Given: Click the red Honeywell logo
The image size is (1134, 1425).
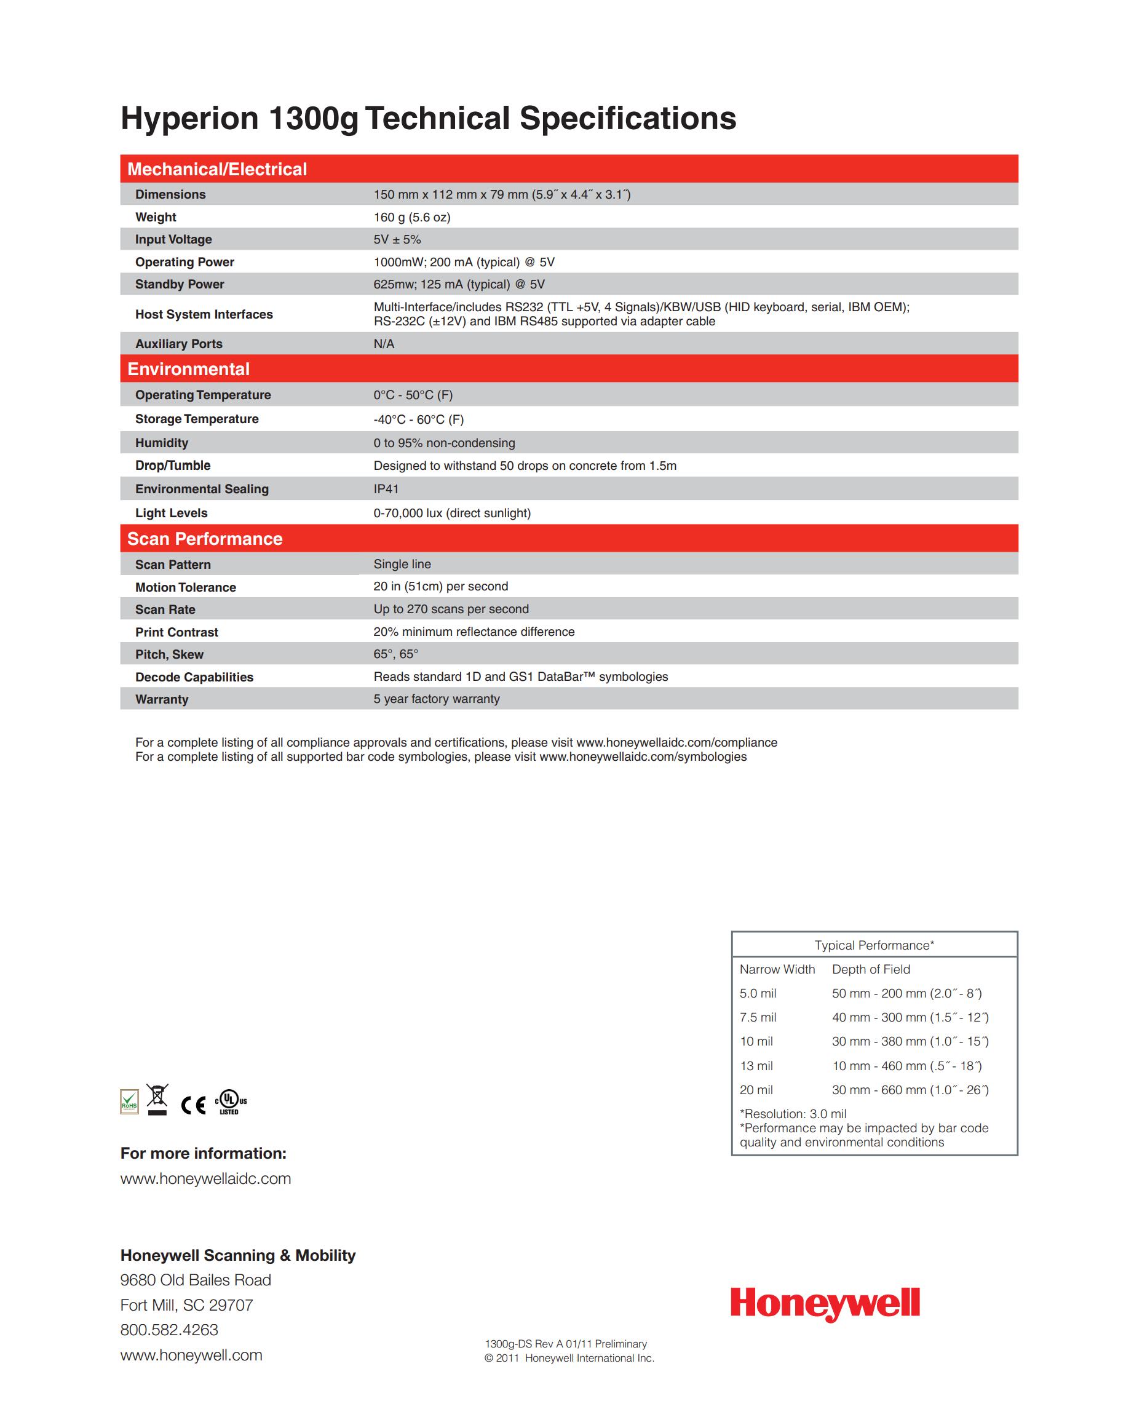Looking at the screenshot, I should pos(824,1304).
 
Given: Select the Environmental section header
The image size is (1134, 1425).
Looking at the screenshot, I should pos(188,369).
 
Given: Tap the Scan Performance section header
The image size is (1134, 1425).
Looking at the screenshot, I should pos(205,539).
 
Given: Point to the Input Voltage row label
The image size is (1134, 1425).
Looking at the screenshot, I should pos(173,239).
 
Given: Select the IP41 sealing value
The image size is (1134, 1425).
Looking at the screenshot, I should pos(386,489).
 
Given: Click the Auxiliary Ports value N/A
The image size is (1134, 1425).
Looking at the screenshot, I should pos(383,344).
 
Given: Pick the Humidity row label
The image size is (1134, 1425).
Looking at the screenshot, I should pos(161,443).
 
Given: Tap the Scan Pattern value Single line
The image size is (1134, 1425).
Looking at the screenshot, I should pos(402,564).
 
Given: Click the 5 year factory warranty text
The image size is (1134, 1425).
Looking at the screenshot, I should pos(436,699).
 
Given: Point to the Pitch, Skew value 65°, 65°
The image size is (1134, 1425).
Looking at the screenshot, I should pos(395,654).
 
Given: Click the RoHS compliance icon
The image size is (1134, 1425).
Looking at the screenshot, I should pos(130,1101).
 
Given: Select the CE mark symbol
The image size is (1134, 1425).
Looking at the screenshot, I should pos(193,1105).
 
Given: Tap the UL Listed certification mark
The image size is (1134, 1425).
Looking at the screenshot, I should pos(230,1101).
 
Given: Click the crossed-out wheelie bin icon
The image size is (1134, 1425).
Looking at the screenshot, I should pos(157,1099).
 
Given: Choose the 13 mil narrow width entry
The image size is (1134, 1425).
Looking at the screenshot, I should pos(756,1065).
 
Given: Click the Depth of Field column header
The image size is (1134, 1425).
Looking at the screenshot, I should pos(870,969).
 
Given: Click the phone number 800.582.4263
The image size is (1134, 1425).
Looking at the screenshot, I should pos(169,1330).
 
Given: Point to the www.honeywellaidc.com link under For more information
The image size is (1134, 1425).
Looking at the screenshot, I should pos(205,1178).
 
